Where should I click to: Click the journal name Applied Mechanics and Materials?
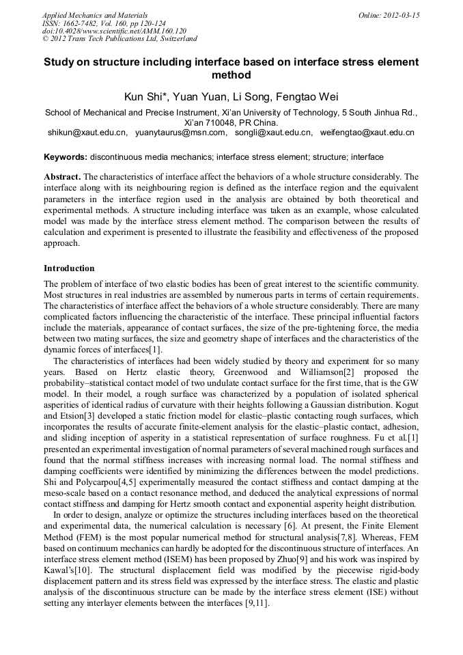tap(94, 15)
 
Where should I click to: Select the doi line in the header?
tap(114, 31)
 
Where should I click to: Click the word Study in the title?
tap(61, 62)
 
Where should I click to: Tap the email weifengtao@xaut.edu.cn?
tap(367, 133)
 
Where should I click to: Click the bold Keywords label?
tap(66, 157)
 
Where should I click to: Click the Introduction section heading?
tap(69, 268)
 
